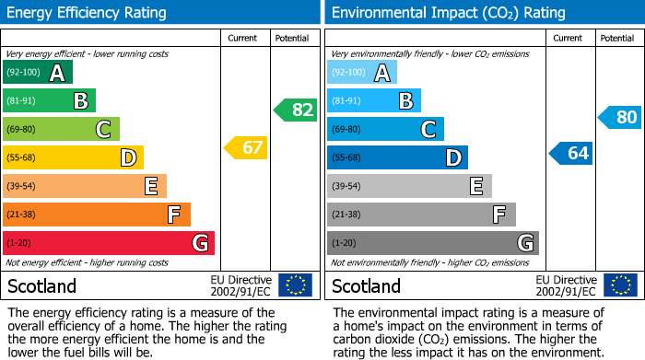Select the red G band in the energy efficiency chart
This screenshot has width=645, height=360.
pos(109,243)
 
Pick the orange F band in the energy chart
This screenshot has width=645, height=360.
pos(97,215)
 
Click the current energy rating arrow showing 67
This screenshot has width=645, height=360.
pos(246,147)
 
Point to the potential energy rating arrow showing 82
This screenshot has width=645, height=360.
pos(296,110)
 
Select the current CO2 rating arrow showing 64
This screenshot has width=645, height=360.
pos(571,153)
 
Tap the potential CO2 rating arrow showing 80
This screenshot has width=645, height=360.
pos(620,117)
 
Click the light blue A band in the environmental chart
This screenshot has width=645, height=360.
pos(362,73)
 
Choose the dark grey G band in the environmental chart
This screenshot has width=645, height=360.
pos(433,243)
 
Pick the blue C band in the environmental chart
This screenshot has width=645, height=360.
pos(385,129)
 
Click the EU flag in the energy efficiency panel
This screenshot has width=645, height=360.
pos(295,285)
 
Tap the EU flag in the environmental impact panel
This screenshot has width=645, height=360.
pos(621,285)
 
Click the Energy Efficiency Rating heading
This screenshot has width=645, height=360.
pos(88,13)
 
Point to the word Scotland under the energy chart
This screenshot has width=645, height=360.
pos(42,286)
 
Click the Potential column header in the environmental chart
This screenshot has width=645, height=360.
pos(617,38)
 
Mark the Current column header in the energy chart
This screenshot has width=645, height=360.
pos(242,38)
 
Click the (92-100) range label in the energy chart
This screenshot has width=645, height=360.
pos(23,73)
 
